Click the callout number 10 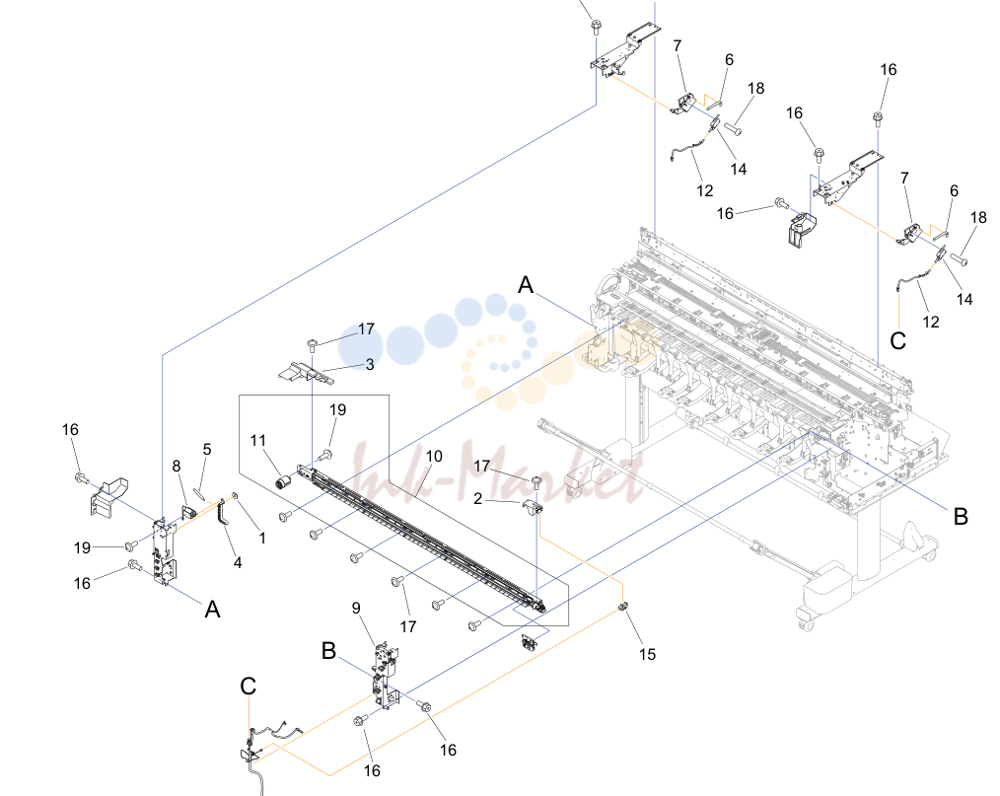pyautogui.click(x=434, y=456)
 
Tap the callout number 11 pyautogui.click(x=257, y=440)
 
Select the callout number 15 pyautogui.click(x=647, y=654)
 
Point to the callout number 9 pyautogui.click(x=356, y=608)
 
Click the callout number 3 pyautogui.click(x=370, y=364)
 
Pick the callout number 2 pyautogui.click(x=477, y=498)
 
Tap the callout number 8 pyautogui.click(x=177, y=467)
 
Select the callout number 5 pyautogui.click(x=207, y=449)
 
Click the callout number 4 pyautogui.click(x=238, y=562)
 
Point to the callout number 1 pyautogui.click(x=262, y=538)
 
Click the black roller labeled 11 pyautogui.click(x=283, y=482)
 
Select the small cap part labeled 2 pyautogui.click(x=533, y=508)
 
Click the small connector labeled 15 pyautogui.click(x=623, y=606)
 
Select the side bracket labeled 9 pyautogui.click(x=386, y=676)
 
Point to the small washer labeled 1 pyautogui.click(x=235, y=495)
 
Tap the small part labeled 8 pyautogui.click(x=189, y=512)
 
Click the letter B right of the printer pyautogui.click(x=961, y=516)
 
